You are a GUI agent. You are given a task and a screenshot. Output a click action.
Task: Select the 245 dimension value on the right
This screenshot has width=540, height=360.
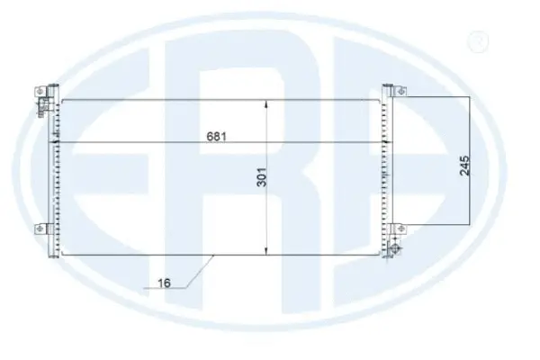[x=463, y=165]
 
